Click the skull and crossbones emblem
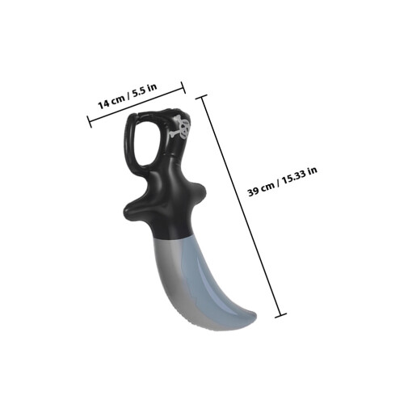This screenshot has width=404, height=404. tap(180, 127)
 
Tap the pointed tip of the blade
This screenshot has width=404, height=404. tap(256, 314)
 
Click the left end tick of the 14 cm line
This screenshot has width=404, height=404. tap(90, 122)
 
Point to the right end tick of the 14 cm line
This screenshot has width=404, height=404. tap(183, 87)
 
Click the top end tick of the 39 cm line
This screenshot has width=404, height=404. tap(201, 97)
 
